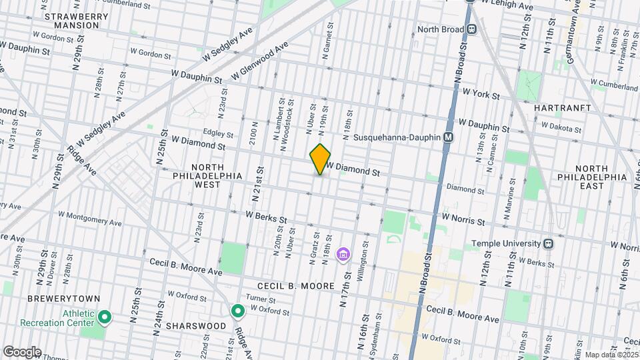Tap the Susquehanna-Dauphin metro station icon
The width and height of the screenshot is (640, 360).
pyautogui.click(x=449, y=137)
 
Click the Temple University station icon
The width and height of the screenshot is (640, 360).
pyautogui.click(x=548, y=244)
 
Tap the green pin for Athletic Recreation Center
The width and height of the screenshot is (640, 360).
pyautogui.click(x=105, y=316)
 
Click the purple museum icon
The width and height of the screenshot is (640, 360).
pyautogui.click(x=343, y=254)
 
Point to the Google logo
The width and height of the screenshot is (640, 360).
pyautogui.click(x=22, y=351)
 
